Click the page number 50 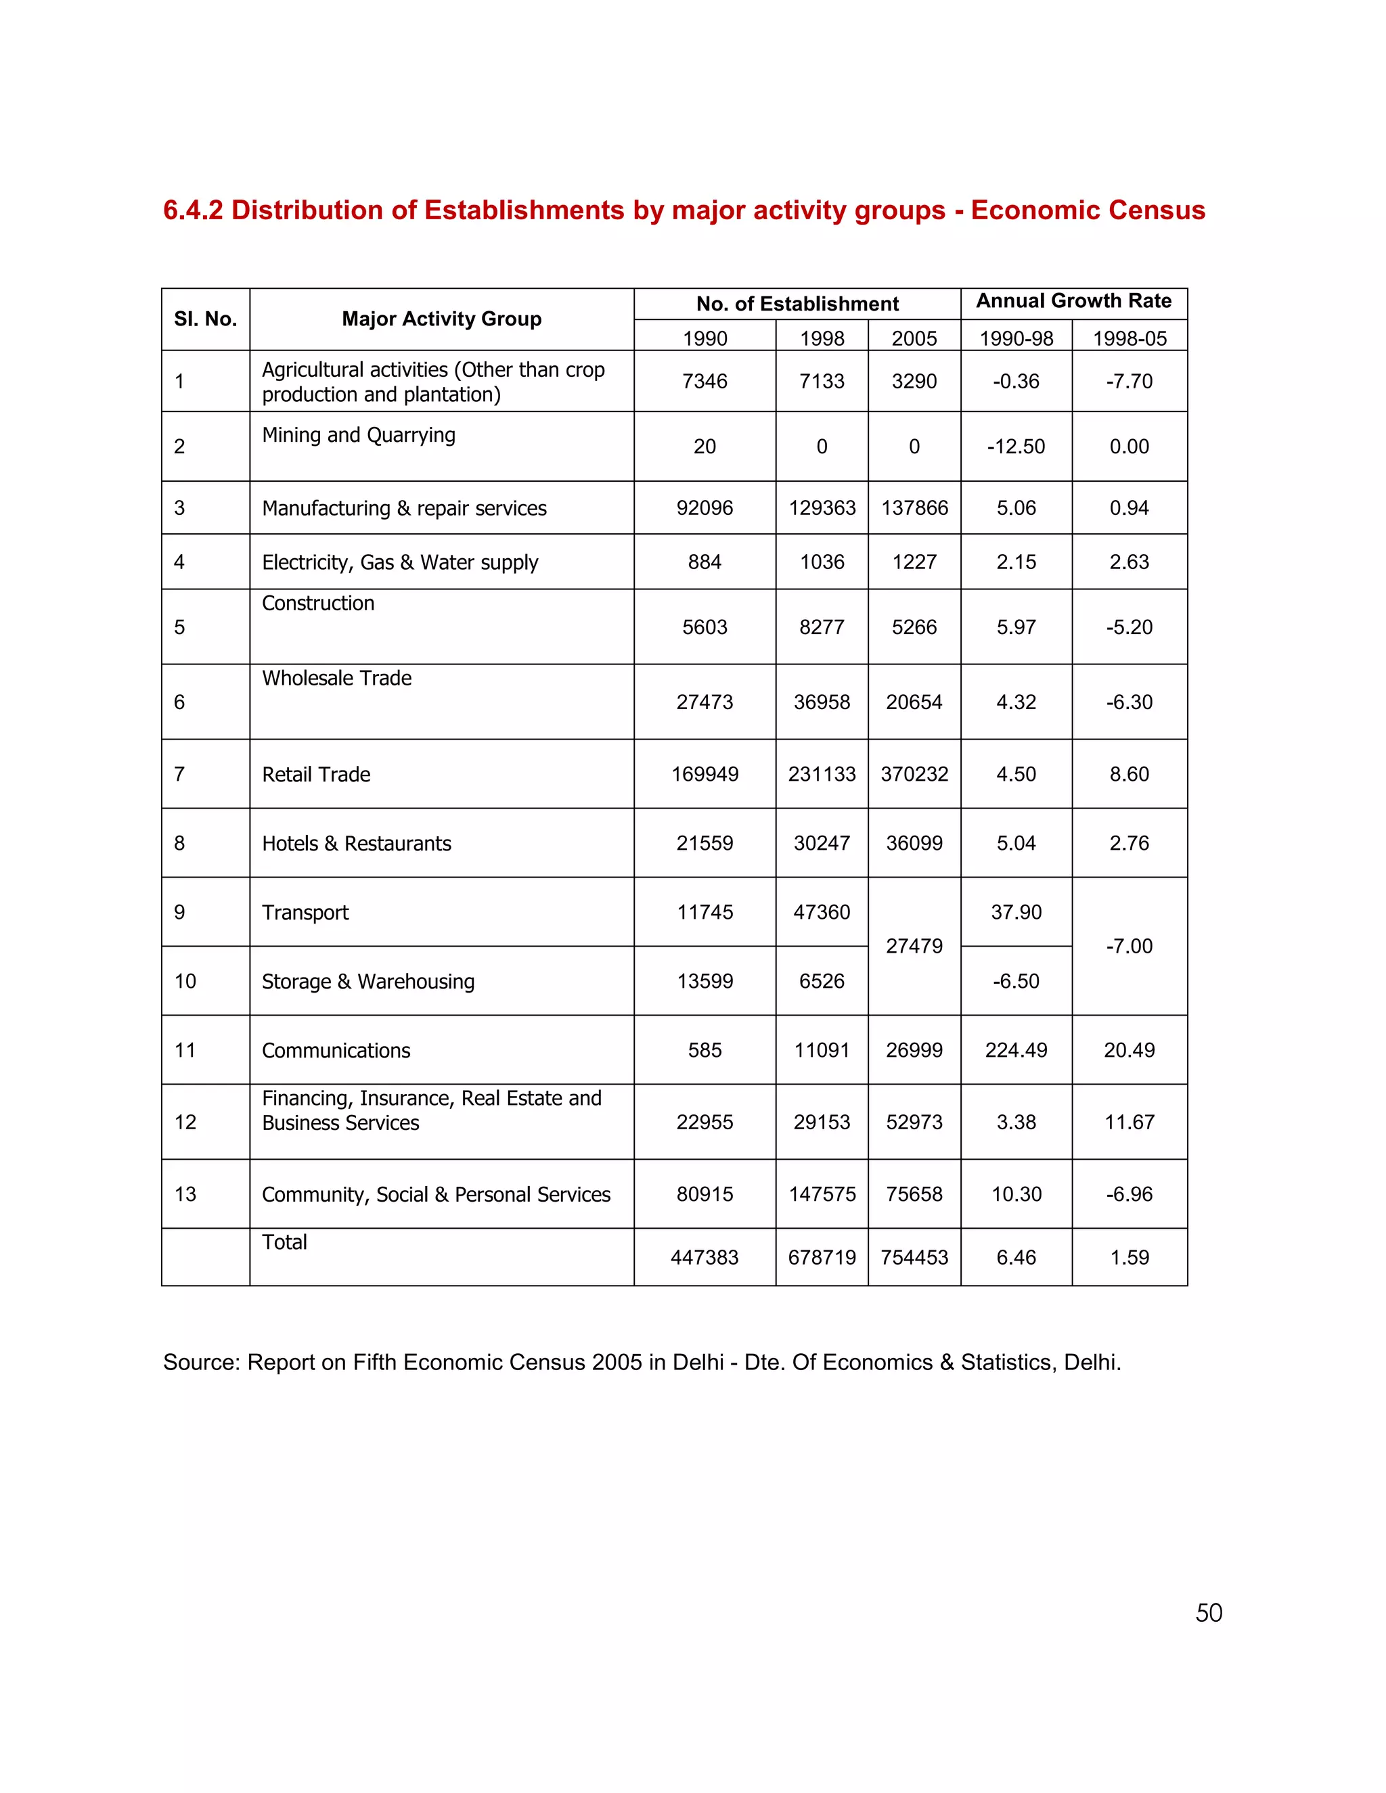tap(1208, 1612)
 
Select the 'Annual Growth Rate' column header tap(1073, 301)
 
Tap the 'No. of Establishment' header tap(797, 304)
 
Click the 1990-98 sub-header tap(1016, 338)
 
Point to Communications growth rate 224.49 tap(1016, 1050)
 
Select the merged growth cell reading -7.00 tap(1129, 946)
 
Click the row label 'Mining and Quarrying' tap(358, 435)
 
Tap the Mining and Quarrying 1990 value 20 tap(705, 447)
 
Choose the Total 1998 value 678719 tap(821, 1257)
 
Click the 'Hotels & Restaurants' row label tap(357, 843)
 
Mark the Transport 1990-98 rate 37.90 tap(1016, 912)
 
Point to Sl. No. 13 tap(185, 1194)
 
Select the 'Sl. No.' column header tap(205, 319)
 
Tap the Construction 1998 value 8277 tap(821, 627)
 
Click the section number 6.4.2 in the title tap(192, 210)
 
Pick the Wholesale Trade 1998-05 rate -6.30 tap(1129, 702)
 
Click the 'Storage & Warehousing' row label tap(368, 981)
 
